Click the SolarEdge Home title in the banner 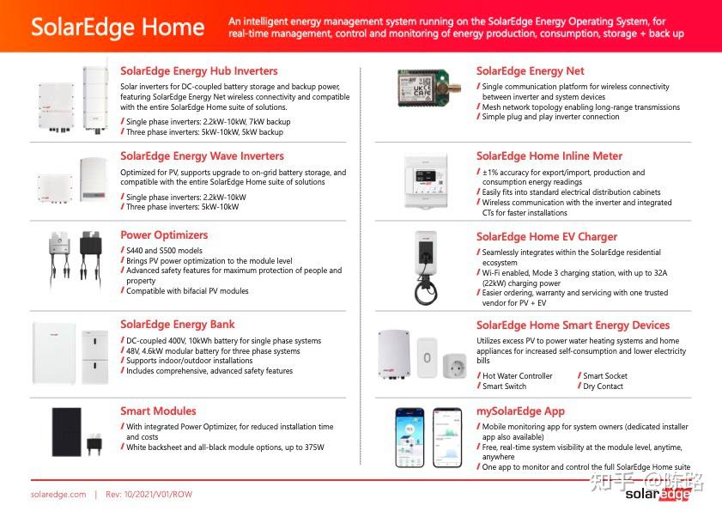118,27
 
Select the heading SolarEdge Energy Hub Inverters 198,71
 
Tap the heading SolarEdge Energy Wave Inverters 202,156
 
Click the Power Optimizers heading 164,235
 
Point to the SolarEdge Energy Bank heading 177,325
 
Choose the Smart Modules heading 158,411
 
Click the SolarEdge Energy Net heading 530,71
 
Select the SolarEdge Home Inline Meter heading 549,156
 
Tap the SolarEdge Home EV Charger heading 547,237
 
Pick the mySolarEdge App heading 520,411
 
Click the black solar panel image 66,432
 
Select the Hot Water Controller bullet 517,376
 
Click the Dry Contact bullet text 603,386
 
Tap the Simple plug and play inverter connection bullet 550,118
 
